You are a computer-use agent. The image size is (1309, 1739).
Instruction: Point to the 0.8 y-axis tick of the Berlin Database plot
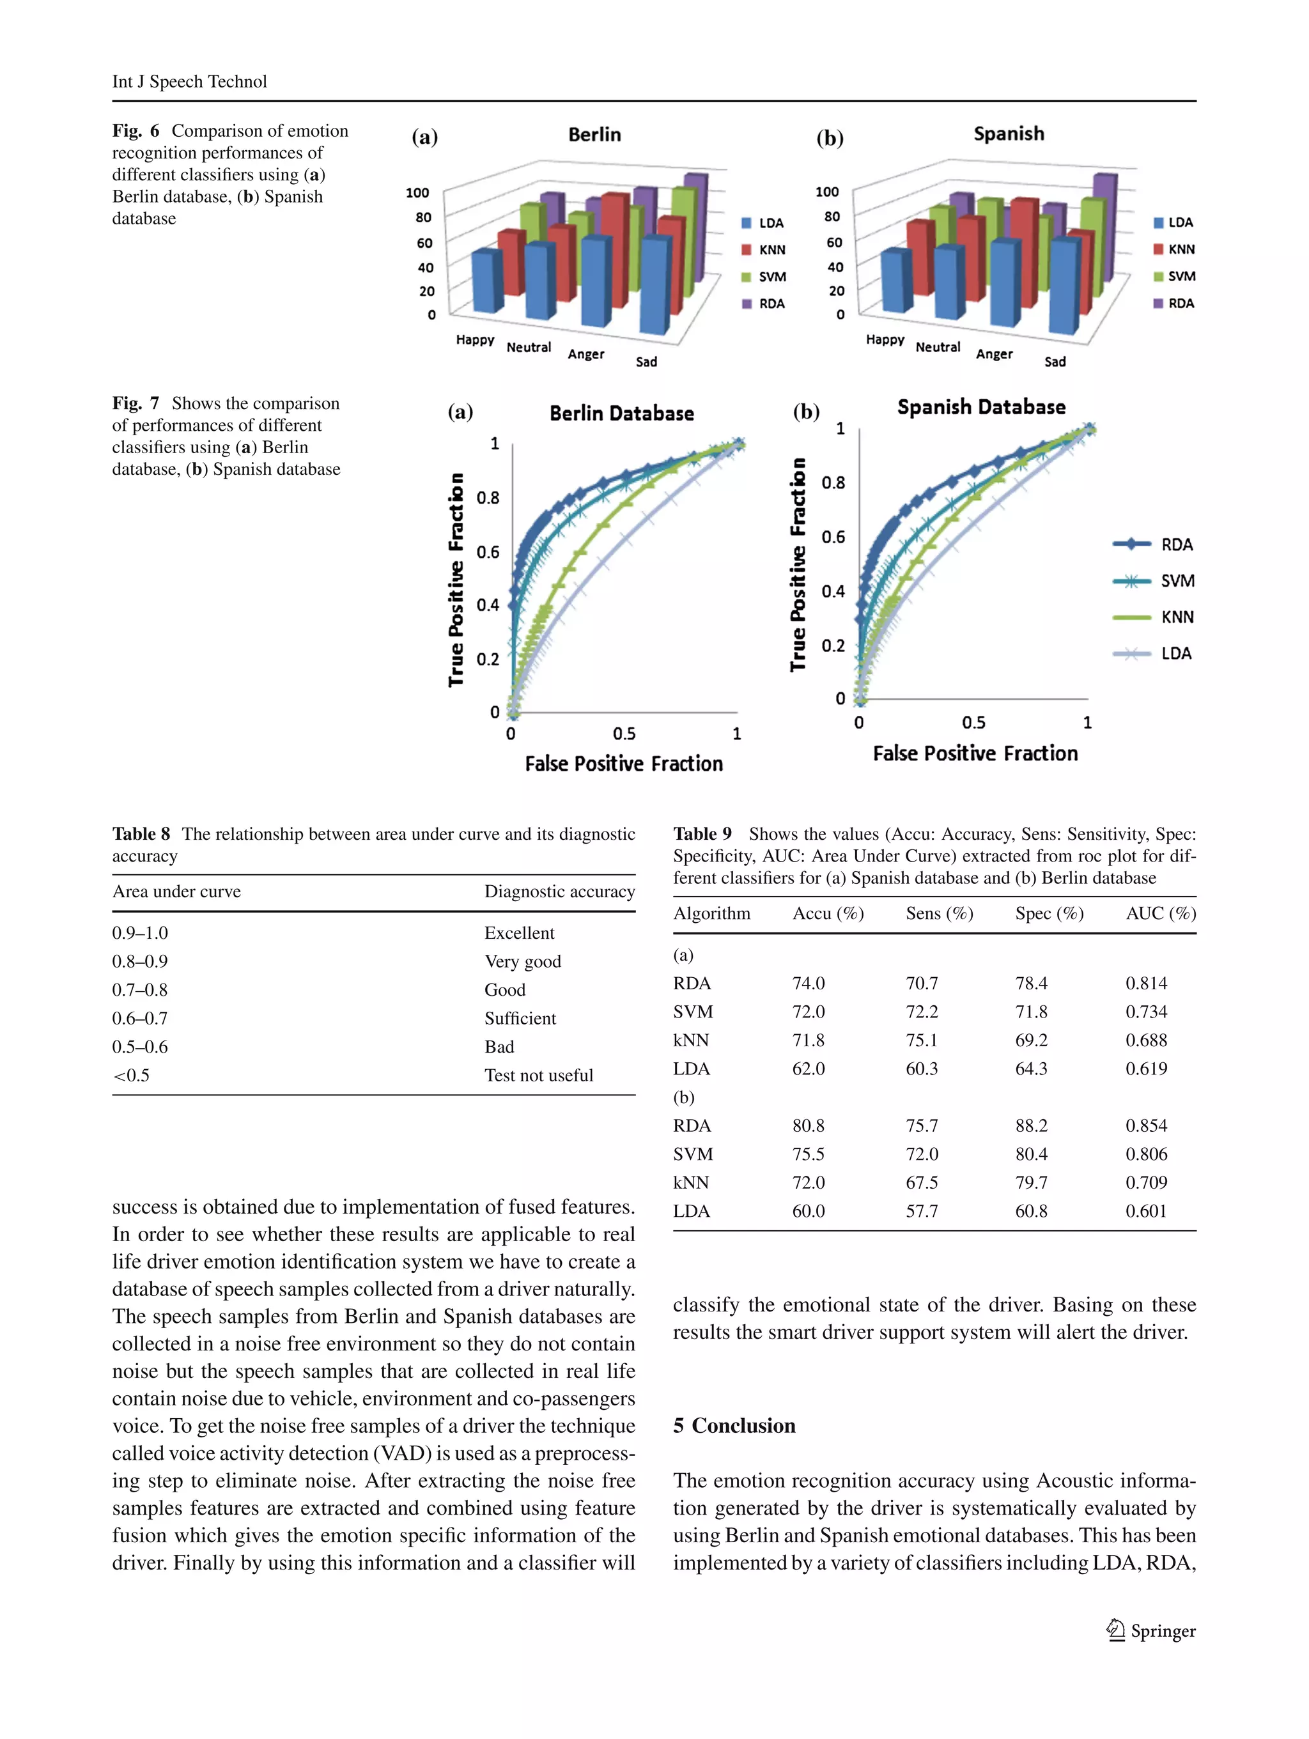(x=488, y=498)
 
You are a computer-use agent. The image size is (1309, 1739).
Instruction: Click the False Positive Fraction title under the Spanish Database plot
(x=975, y=753)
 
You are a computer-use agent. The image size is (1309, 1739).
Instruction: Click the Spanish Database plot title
(x=980, y=407)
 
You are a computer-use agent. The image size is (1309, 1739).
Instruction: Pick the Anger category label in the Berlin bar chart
(x=585, y=355)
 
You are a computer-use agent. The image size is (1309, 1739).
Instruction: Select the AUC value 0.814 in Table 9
(x=1145, y=984)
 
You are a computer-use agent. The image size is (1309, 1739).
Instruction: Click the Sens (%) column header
(x=939, y=913)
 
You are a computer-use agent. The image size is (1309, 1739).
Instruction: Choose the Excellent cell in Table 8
(x=519, y=933)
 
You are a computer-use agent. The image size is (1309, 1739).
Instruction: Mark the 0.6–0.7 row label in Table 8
(x=140, y=1019)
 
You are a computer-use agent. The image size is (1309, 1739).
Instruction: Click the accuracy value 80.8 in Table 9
(x=808, y=1126)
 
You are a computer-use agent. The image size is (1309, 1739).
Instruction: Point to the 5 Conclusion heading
(x=734, y=1426)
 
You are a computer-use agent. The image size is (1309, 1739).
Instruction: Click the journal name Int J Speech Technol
(x=189, y=82)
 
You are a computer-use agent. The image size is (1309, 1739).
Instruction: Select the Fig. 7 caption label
(x=136, y=403)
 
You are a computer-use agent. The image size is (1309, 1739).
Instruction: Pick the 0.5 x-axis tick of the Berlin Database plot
(x=623, y=734)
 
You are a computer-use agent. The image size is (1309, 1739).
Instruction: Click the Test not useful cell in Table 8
(x=539, y=1076)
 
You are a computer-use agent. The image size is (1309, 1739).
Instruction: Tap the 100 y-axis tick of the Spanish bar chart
(x=826, y=192)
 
